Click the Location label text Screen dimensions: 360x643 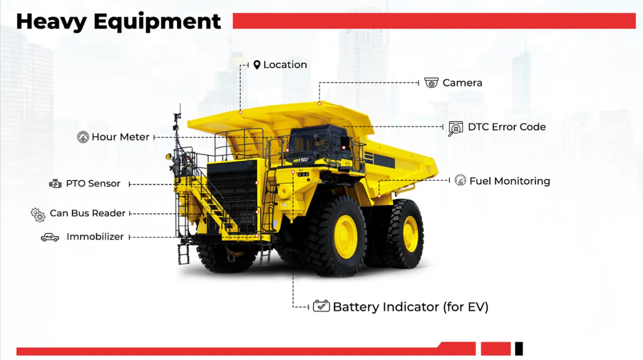(285, 65)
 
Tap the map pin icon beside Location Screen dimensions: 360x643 (257, 65)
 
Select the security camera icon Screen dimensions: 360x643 (431, 83)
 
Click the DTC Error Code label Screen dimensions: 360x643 (507, 127)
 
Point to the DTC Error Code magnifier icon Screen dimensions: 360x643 (455, 128)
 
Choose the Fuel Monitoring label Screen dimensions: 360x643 (510, 181)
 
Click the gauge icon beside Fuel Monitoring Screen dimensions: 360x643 (460, 180)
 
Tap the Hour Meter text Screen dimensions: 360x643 (120, 137)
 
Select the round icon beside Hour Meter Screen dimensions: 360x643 (83, 137)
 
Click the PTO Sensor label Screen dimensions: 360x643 (93, 184)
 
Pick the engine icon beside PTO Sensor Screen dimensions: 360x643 (56, 184)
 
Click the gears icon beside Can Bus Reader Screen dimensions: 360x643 (38, 215)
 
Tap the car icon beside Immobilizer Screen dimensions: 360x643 (50, 237)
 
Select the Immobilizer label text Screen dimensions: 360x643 (95, 237)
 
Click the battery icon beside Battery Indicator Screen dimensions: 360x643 (321, 306)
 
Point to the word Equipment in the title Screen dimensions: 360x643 (157, 21)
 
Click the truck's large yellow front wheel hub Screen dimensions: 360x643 (346, 236)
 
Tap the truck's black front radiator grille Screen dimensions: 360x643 (232, 196)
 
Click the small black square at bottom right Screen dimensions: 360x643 (519, 348)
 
